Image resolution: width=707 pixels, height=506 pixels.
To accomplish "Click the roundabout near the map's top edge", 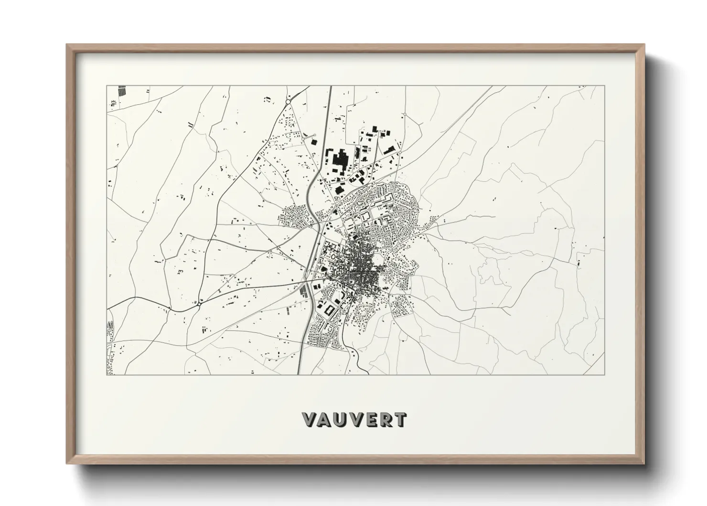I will point(288,101).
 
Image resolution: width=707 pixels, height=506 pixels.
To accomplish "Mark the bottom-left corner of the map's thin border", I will point(107,375).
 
